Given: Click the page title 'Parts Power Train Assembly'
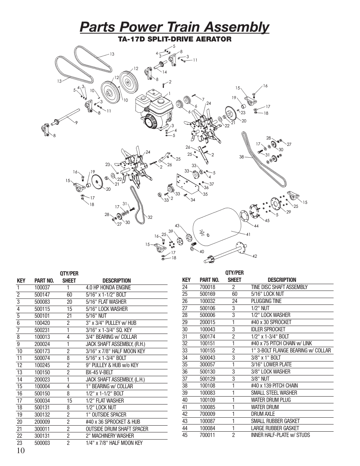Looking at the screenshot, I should (x=174, y=27).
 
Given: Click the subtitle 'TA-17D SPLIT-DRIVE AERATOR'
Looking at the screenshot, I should (x=174, y=39).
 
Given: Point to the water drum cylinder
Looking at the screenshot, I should (x=217, y=228).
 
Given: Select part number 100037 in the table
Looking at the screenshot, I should (x=42, y=288).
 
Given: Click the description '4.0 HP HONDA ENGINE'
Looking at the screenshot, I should (x=108, y=288).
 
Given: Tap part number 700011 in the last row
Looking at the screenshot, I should (x=207, y=435).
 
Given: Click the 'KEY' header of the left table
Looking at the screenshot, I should (x=21, y=281).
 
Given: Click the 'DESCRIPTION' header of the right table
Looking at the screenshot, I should (x=282, y=280).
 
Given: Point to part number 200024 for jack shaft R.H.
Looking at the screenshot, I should (x=42, y=344).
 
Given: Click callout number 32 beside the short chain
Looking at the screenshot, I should (x=149, y=217).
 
